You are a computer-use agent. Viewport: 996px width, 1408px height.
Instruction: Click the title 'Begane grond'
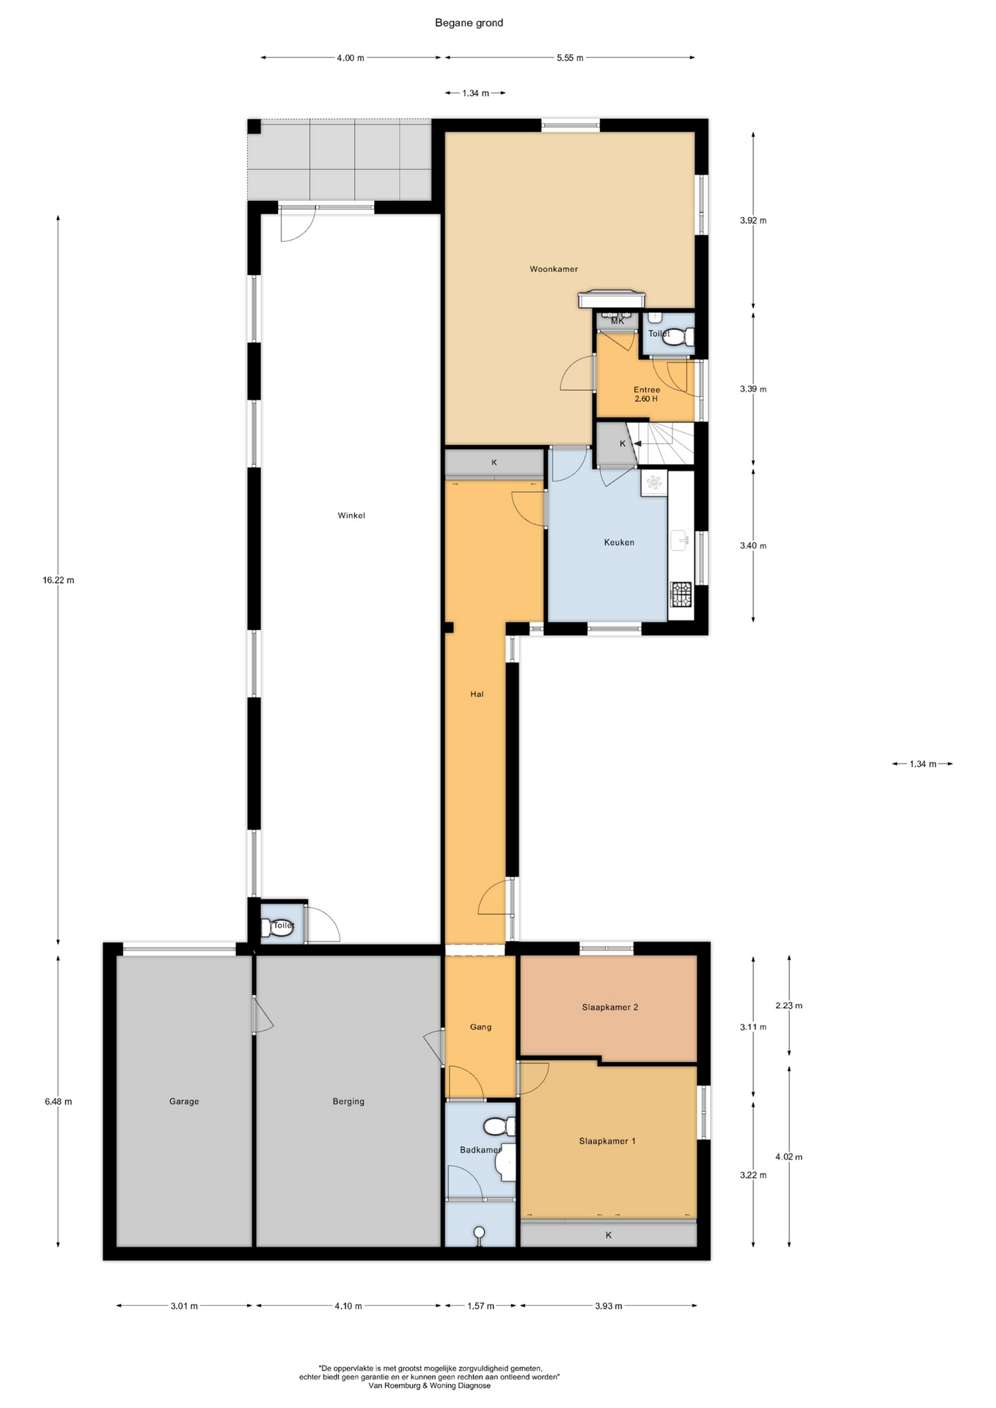(x=469, y=23)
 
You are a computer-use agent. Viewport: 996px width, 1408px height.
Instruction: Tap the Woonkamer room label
(x=554, y=269)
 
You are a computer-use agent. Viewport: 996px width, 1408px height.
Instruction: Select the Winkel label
(x=351, y=516)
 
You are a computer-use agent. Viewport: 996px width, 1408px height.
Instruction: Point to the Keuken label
(x=619, y=543)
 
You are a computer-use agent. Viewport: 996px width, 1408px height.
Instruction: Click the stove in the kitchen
(x=681, y=595)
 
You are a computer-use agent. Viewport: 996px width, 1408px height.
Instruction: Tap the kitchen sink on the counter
(x=679, y=540)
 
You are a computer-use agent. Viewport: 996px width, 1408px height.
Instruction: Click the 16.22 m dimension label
(x=59, y=580)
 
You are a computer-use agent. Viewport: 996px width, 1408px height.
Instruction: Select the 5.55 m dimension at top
(x=570, y=58)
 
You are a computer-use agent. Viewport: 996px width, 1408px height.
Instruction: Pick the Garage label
(x=184, y=1101)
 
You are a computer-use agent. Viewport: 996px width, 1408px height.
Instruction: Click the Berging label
(x=348, y=1101)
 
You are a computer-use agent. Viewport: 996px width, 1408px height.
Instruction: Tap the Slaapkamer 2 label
(x=610, y=1008)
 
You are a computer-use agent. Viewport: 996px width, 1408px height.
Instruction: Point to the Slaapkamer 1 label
(x=607, y=1141)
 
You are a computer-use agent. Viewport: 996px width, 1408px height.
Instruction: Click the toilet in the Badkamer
(x=500, y=1126)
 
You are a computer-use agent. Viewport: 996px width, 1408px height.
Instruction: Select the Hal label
(x=477, y=694)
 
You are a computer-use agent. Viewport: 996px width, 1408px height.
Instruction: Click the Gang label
(x=480, y=1027)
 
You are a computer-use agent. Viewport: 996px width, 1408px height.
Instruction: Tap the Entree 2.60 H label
(x=646, y=395)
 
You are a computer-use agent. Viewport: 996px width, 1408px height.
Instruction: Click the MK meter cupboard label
(x=618, y=321)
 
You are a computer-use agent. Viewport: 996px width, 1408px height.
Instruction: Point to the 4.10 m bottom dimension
(x=348, y=1306)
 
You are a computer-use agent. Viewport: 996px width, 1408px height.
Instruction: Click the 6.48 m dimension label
(x=59, y=1101)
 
